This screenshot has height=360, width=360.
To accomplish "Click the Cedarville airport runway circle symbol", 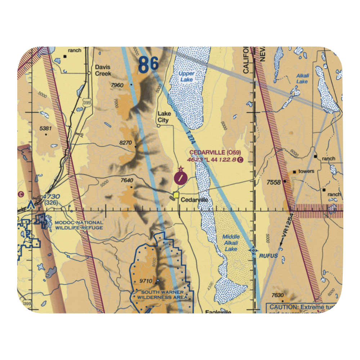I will (180, 177).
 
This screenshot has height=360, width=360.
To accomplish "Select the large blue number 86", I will (148, 65).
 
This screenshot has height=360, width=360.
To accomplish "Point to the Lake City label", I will (164, 117).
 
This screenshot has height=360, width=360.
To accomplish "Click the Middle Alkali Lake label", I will (231, 243).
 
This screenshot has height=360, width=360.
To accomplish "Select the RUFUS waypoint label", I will (268, 256).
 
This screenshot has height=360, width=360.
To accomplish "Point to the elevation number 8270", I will (126, 143).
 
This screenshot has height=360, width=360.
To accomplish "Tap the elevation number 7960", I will (117, 85).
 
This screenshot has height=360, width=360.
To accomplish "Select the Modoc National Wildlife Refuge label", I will (79, 225).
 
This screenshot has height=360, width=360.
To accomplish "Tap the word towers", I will (306, 171).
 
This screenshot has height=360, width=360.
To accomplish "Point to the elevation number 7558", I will (274, 183).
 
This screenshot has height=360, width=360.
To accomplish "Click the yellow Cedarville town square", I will (176, 195).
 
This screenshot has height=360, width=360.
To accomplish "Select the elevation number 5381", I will (46, 129).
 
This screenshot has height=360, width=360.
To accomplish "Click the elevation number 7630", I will (278, 296).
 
